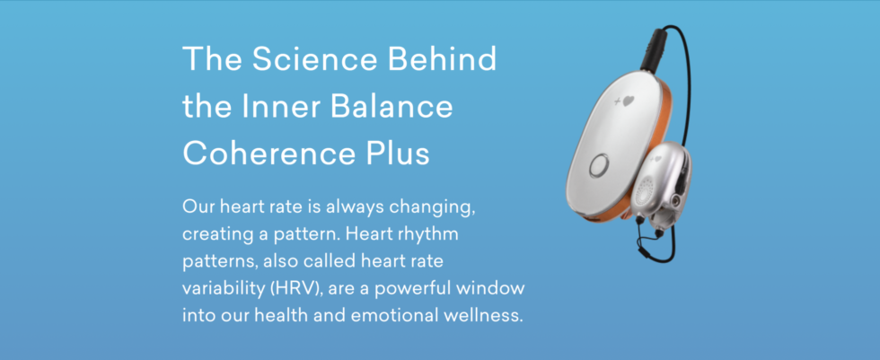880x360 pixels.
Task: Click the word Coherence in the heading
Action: (x=268, y=153)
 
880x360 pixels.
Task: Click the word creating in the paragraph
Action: (x=216, y=234)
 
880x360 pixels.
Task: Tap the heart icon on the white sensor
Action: (x=626, y=101)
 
